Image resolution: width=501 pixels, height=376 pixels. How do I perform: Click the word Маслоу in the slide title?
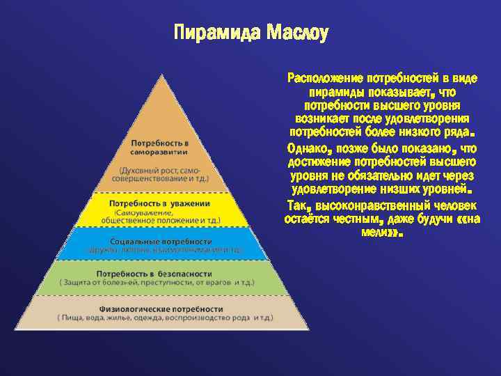(296, 33)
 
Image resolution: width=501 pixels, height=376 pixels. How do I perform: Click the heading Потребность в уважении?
(159, 203)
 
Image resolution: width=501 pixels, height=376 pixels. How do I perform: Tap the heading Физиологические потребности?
(161, 308)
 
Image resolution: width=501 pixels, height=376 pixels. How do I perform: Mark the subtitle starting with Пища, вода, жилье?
(161, 318)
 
